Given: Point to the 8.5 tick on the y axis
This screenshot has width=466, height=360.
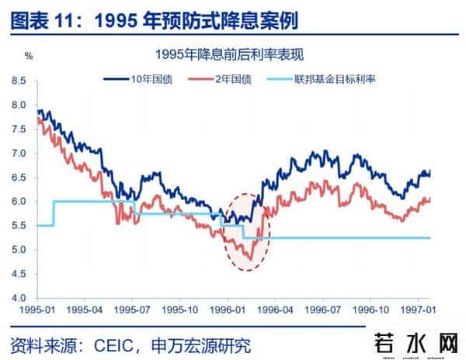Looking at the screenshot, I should [x=19, y=81].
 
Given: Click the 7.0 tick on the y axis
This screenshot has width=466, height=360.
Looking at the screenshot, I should [x=19, y=153].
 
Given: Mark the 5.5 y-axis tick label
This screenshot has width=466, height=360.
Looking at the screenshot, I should [x=19, y=226].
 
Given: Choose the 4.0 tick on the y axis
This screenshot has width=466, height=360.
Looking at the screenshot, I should [x=19, y=298].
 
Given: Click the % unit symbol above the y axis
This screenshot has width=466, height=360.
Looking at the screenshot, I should [x=29, y=56].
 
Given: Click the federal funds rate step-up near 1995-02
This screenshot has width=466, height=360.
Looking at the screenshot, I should [x=54, y=213].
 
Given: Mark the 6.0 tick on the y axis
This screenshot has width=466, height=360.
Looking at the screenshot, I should [x=19, y=202].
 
